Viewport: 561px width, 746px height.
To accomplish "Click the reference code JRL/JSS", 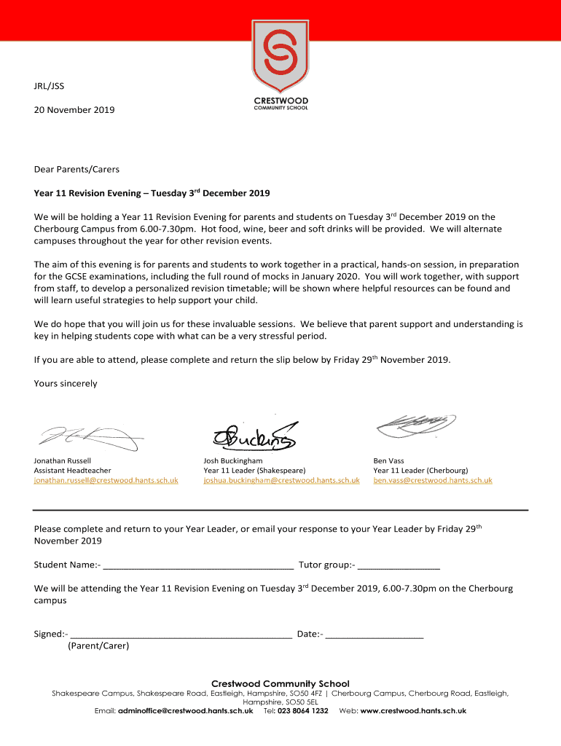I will (x=49, y=86).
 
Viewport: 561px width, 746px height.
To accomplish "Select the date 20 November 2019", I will (x=74, y=110).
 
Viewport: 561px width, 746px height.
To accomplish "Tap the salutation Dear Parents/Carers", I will (x=76, y=169).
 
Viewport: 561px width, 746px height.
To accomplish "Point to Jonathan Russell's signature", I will (x=87, y=436).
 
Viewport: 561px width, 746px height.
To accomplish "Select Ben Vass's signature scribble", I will (x=415, y=425).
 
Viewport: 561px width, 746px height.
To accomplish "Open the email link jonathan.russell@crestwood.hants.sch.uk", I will (x=106, y=480).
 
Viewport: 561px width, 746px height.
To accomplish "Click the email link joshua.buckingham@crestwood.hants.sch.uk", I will (x=281, y=480).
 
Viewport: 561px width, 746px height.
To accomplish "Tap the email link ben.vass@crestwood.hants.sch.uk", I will (x=433, y=480).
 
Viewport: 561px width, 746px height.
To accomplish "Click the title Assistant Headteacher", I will (x=73, y=471).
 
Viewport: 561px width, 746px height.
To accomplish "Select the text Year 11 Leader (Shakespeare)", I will (x=254, y=471).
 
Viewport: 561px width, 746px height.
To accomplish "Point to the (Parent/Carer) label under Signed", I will (x=98, y=645).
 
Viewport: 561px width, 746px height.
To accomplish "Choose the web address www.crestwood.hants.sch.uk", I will (x=413, y=711).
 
